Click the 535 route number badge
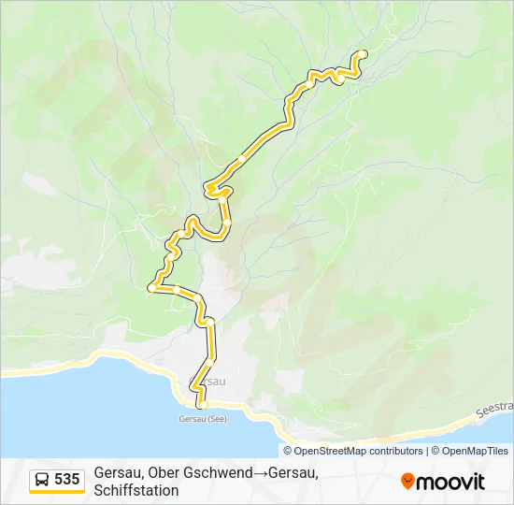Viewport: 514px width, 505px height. pyautogui.click(x=66, y=479)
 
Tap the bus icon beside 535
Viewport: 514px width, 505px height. pyautogui.click(x=43, y=480)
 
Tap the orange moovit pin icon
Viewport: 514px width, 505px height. pyautogui.click(x=407, y=482)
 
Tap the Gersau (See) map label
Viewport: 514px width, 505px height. pyautogui.click(x=202, y=418)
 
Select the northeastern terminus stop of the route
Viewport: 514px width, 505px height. pyautogui.click(x=363, y=54)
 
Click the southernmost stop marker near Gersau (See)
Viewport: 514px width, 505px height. pyautogui.click(x=201, y=404)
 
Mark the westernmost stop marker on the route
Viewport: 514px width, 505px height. pyautogui.click(x=151, y=288)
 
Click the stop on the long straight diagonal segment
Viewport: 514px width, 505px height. pyautogui.click(x=241, y=160)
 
